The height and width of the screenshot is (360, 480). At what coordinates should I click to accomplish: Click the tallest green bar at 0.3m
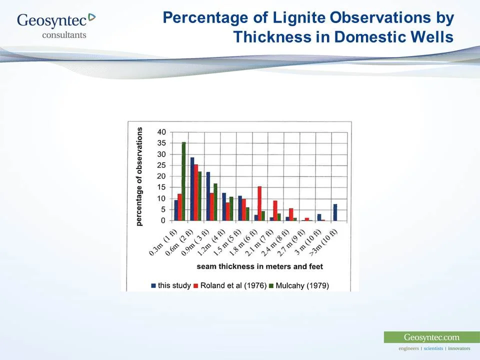(x=183, y=181)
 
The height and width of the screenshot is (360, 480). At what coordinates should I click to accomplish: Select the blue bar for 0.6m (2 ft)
(x=192, y=189)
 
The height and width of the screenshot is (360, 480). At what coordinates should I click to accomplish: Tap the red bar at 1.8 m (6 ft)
(x=259, y=203)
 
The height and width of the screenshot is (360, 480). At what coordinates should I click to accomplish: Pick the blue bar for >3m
(x=335, y=212)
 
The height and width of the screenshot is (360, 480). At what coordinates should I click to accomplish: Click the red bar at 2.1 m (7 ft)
(x=275, y=210)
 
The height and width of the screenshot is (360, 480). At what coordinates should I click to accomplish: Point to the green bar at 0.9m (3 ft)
(x=215, y=202)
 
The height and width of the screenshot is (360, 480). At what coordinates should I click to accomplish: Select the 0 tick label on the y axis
(x=163, y=221)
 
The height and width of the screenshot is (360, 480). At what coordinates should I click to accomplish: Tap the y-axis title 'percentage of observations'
(x=139, y=176)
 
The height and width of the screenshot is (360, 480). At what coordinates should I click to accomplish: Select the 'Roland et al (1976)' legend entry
(x=228, y=285)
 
